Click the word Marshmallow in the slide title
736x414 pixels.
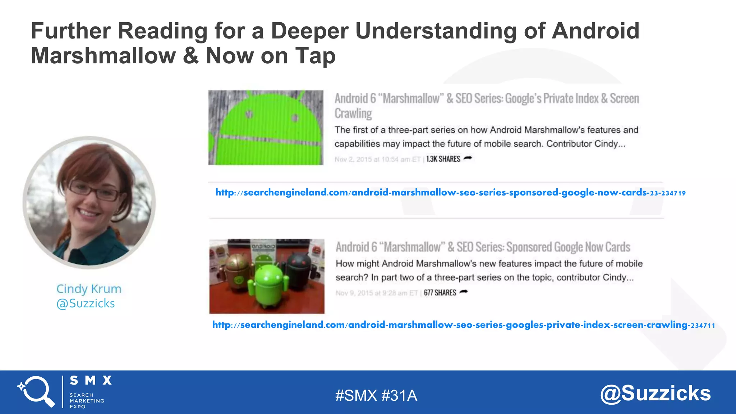tap(103, 56)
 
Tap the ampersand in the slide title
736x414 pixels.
tap(190, 56)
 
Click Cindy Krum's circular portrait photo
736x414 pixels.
tap(89, 202)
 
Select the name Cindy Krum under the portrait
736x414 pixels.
tap(89, 289)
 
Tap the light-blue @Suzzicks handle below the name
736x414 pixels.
tap(86, 303)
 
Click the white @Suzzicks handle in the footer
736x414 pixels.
tap(655, 393)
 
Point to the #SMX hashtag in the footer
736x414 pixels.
tap(356, 396)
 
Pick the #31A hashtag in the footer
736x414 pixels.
tap(399, 396)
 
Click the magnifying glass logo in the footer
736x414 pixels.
tap(36, 391)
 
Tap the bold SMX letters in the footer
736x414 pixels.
tap(91, 380)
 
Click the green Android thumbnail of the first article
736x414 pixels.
tap(266, 128)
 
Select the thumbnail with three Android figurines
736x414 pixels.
tap(267, 276)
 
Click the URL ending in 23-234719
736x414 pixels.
tap(450, 193)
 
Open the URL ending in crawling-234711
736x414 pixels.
tap(463, 325)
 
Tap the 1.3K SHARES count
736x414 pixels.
tap(443, 159)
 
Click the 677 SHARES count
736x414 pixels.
tap(440, 293)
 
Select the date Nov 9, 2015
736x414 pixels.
tap(354, 293)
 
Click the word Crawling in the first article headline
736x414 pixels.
tap(353, 113)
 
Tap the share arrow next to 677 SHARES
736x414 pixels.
tap(464, 292)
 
